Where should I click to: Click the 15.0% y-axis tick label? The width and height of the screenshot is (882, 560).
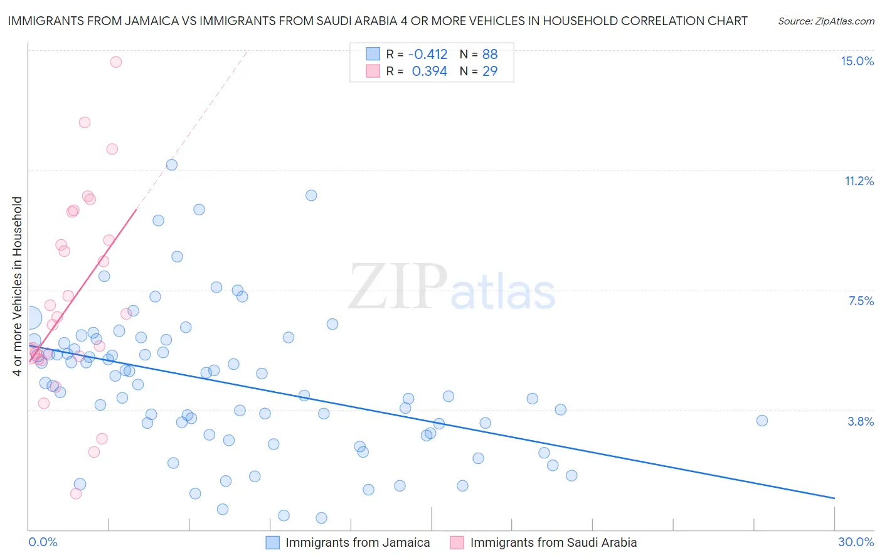click(857, 61)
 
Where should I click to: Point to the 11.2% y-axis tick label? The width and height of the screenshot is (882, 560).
click(859, 181)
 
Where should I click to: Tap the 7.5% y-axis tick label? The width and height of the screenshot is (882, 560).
click(861, 301)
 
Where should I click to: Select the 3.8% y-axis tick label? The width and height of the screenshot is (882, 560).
click(861, 421)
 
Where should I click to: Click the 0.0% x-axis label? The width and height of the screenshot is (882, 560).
click(43, 542)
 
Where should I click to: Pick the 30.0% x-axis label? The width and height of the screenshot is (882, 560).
click(856, 542)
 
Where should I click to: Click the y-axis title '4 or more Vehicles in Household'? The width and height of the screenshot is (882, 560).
click(17, 286)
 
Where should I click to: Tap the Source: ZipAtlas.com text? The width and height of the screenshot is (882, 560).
click(826, 21)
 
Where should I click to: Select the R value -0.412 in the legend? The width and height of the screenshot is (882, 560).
click(428, 54)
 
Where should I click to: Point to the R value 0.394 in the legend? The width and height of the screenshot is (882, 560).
click(429, 72)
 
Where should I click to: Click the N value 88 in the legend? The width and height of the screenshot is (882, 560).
click(490, 54)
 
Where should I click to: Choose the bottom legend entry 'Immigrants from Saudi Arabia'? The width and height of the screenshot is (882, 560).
click(553, 542)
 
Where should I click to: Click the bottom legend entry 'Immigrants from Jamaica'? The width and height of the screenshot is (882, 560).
click(358, 542)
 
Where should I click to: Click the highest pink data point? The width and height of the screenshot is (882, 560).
click(116, 62)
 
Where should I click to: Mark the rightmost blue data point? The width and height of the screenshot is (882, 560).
click(762, 421)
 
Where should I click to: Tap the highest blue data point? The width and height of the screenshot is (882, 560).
click(171, 164)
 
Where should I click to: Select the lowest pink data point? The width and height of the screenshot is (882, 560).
click(76, 493)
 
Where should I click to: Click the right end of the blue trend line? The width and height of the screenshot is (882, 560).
click(834, 498)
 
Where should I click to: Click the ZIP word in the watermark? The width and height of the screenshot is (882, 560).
click(398, 288)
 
